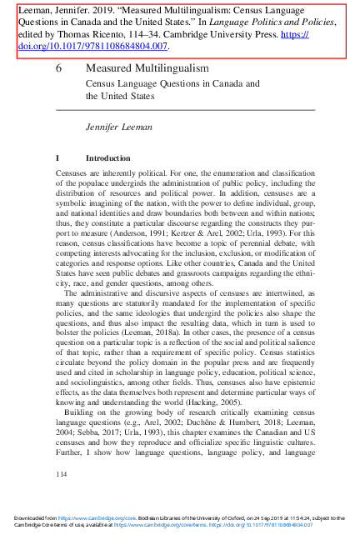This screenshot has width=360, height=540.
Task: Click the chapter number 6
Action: coord(58,67)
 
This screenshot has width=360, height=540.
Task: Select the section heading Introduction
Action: coord(108,157)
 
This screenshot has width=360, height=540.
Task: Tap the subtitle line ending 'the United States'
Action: coord(121,96)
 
